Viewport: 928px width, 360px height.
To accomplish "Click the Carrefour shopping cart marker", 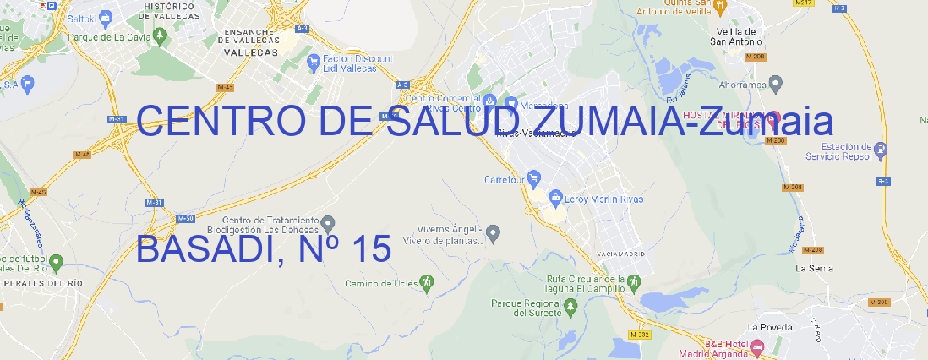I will pyautogui.click(x=535, y=179).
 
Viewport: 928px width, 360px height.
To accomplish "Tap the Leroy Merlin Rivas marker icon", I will pyautogui.click(x=555, y=199).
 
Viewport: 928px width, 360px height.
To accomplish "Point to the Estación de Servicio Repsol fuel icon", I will pyautogui.click(x=882, y=150).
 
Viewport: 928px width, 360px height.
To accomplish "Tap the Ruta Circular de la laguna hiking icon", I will pyautogui.click(x=632, y=282).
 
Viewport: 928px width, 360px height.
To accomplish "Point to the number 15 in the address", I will pyautogui.click(x=368, y=249).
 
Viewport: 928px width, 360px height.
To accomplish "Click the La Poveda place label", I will pyautogui.click(x=771, y=327).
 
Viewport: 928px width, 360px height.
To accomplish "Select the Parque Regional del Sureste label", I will pyautogui.click(x=526, y=308).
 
